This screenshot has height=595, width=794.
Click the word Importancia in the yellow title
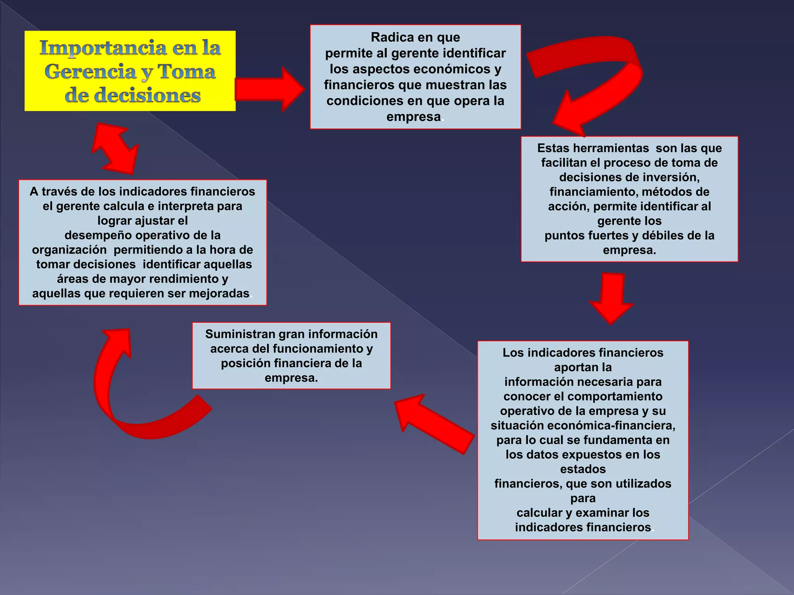click(x=103, y=48)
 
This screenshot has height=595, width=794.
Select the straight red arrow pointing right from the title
click(x=269, y=89)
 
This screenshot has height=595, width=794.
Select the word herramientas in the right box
click(x=611, y=148)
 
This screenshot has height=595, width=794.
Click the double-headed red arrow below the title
click(x=115, y=148)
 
